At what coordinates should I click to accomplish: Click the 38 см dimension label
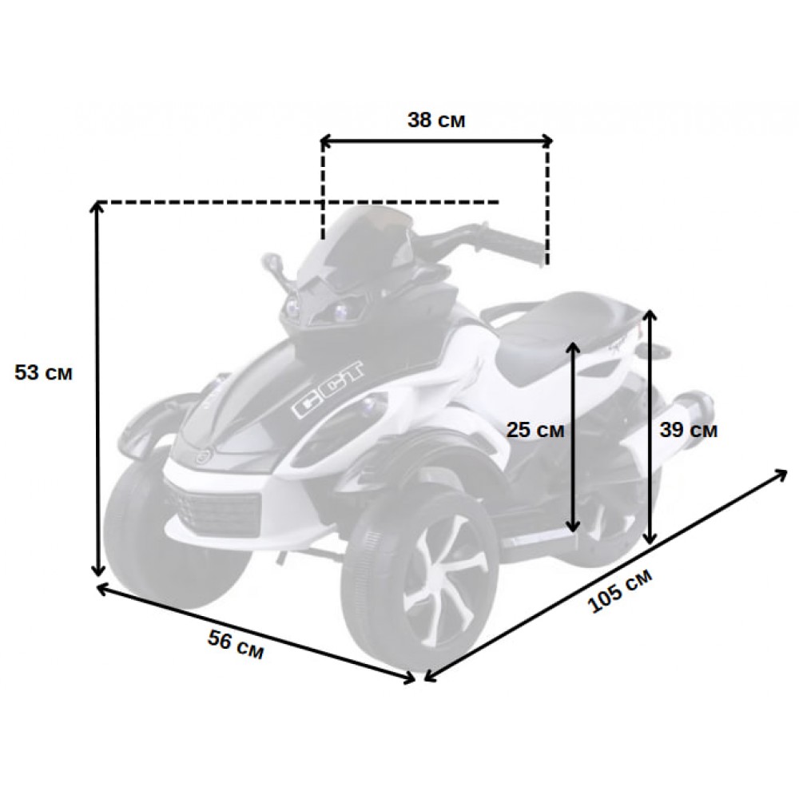point(436,121)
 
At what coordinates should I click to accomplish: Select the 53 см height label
point(43,372)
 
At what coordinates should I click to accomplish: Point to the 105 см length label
point(620,590)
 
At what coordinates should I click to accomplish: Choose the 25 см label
point(535,430)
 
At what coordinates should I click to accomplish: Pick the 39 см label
point(689,430)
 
